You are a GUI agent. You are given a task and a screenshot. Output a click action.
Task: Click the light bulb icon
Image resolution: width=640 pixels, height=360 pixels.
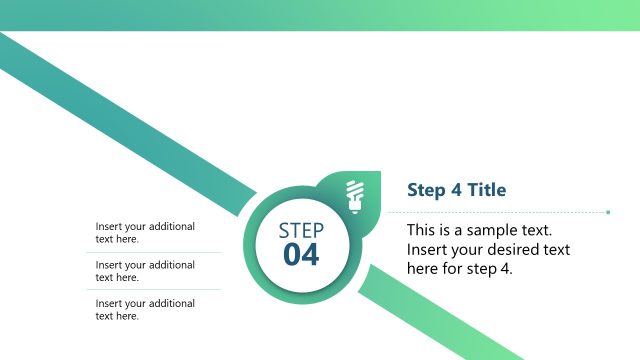[353, 194]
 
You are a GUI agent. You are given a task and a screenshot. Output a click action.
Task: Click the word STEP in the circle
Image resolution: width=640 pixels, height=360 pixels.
[301, 231]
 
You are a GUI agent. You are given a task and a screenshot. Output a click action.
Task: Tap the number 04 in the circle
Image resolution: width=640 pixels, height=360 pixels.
[301, 256]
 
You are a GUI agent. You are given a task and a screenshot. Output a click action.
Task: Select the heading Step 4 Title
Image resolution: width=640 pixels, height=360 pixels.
[456, 190]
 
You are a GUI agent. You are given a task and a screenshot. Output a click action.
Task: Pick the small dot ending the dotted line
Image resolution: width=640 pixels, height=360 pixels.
[608, 212]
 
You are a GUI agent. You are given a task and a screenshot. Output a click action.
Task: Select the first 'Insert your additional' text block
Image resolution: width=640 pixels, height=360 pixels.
[145, 232]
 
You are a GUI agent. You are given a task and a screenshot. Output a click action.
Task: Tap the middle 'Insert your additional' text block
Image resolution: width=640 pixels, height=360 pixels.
[145, 271]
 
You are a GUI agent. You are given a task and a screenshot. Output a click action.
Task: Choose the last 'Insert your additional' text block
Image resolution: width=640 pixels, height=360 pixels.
[145, 309]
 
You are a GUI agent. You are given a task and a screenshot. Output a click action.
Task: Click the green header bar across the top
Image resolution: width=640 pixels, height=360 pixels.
[320, 14]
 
